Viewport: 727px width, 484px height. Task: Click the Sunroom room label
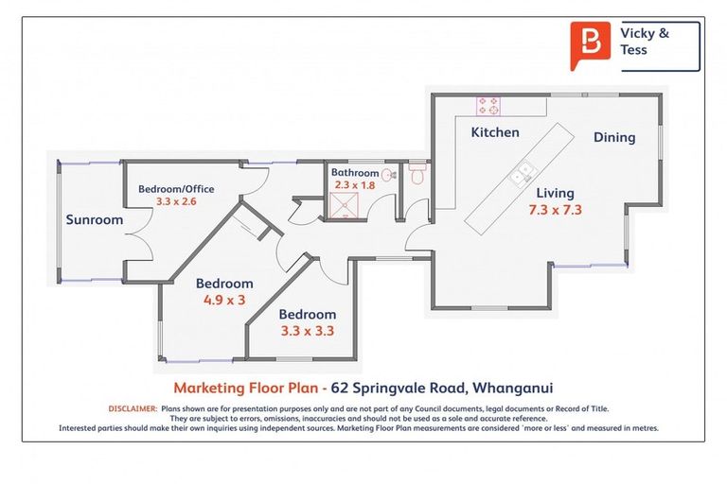coord(95,220)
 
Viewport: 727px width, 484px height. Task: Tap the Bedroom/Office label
coord(176,188)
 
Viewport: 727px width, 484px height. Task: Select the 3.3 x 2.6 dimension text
coord(176,201)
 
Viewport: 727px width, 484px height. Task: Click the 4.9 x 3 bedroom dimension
coord(224,300)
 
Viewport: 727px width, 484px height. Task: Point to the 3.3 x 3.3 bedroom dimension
coord(307,331)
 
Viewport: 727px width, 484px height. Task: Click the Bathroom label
coord(354,173)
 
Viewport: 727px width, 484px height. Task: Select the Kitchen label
coord(495,132)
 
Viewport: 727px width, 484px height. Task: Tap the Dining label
coord(614,137)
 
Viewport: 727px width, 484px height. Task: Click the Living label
coord(556,193)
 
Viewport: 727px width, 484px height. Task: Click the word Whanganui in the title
coord(525,388)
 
